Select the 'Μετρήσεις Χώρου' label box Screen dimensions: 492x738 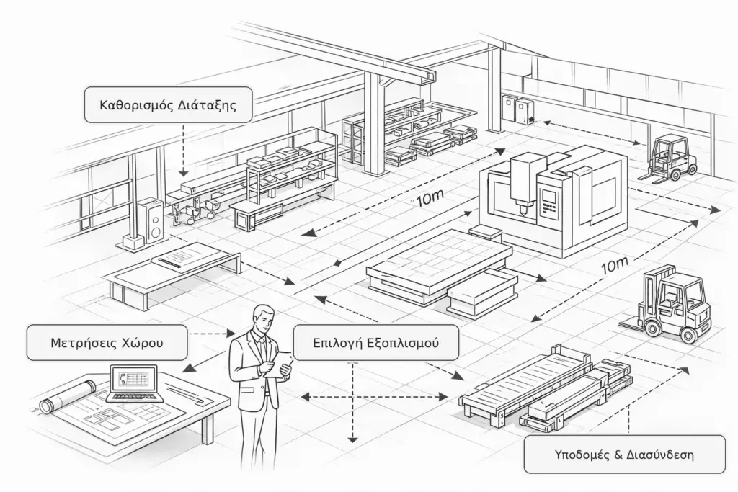click(106, 343)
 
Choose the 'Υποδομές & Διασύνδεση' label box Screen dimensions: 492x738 click(624, 455)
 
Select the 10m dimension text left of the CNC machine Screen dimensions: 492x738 click(429, 200)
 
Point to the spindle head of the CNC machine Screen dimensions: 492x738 click(521, 184)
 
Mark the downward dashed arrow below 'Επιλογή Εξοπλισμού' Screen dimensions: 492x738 click(353, 404)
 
